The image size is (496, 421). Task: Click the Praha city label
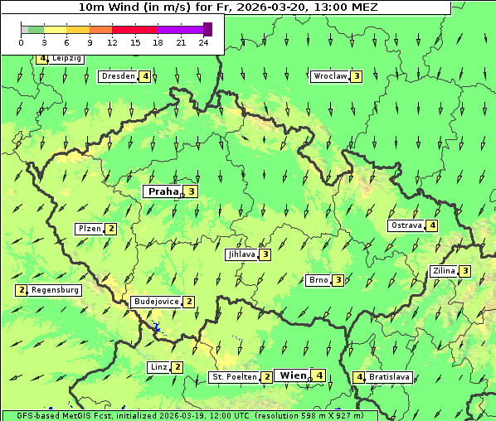163,191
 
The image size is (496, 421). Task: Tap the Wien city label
293,375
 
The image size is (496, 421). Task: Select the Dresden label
118,76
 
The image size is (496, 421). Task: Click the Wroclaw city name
330,76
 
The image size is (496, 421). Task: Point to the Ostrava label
406,225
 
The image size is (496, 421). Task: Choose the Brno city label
319,280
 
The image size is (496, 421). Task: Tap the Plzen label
89,229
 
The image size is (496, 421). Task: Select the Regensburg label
56,290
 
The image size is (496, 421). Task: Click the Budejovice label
156,302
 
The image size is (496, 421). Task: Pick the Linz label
158,367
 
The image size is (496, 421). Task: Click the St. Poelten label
234,377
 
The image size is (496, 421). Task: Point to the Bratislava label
390,377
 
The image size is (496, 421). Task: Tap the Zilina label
444,271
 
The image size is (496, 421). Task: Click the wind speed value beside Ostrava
433,225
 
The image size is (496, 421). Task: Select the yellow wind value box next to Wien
319,375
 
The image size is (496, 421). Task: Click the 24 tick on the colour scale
203,42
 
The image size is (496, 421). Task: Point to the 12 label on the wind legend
112,42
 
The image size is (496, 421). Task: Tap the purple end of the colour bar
207,29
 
